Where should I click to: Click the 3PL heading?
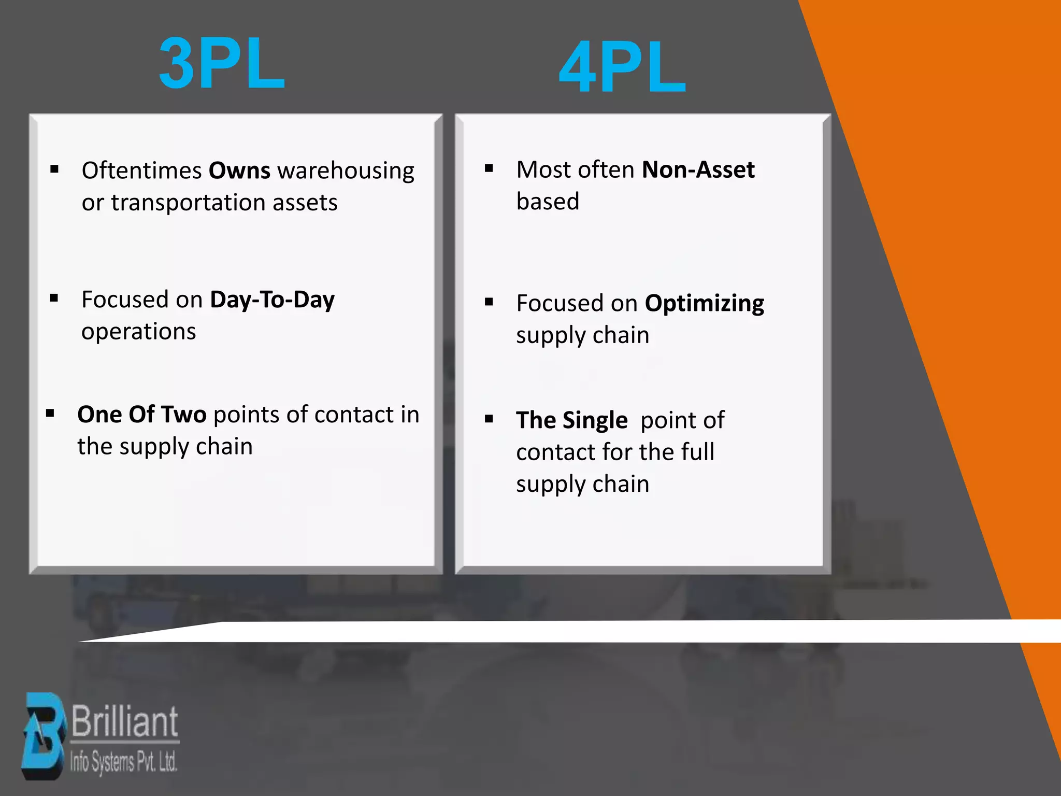pos(222,64)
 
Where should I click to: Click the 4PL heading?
pos(622,68)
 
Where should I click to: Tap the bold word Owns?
pos(239,170)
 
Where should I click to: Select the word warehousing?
pos(346,171)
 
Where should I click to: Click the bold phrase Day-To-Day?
pos(272,300)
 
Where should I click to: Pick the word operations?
pos(138,332)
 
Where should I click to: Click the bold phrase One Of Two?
pos(142,415)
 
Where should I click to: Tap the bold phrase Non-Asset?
pos(698,170)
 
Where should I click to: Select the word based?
pos(548,202)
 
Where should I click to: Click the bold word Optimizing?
pos(704,304)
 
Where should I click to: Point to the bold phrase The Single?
pos(572,420)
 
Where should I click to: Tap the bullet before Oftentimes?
pos(54,169)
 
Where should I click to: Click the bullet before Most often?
pos(489,168)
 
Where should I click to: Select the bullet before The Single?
pos(489,419)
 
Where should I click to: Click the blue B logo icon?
pos(44,736)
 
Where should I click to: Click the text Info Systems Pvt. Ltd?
pos(124,762)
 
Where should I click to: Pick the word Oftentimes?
pos(141,171)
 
